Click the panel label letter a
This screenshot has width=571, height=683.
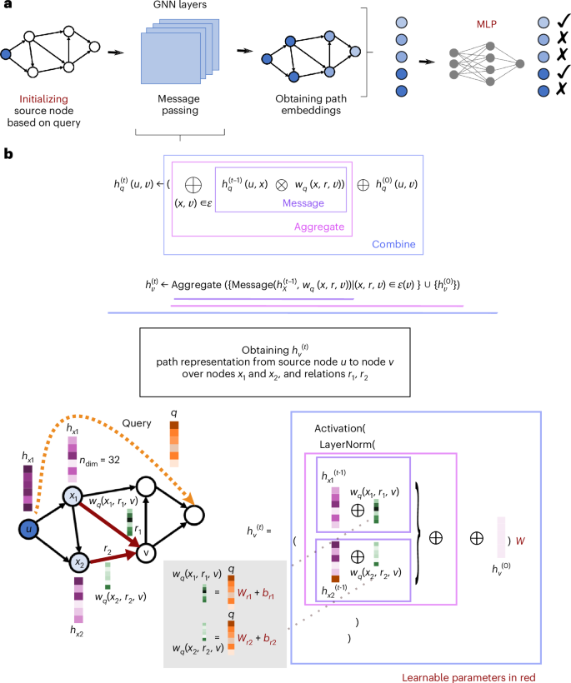(x=8, y=6)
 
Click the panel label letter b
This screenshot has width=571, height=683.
(x=8, y=154)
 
